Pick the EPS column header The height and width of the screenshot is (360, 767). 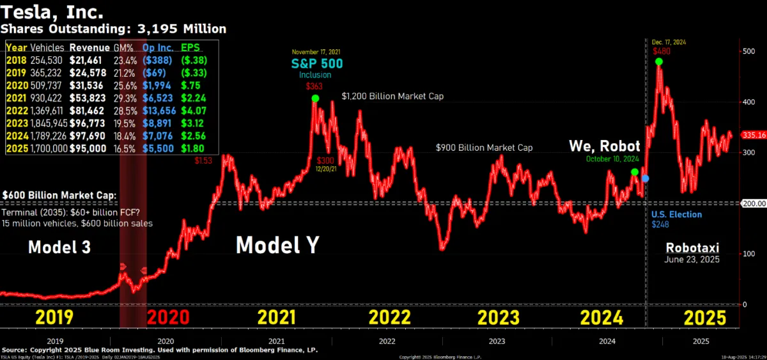pyautogui.click(x=191, y=47)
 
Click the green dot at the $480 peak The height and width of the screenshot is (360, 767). pyautogui.click(x=658, y=61)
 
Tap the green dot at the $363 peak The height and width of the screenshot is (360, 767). pyautogui.click(x=315, y=98)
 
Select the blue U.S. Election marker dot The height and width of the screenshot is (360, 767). pyautogui.click(x=646, y=178)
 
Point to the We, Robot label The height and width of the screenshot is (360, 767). pyautogui.click(x=605, y=146)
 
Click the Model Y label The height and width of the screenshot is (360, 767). pyautogui.click(x=277, y=246)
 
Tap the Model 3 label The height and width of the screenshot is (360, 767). pyautogui.click(x=59, y=247)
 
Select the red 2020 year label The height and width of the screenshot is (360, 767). pyautogui.click(x=168, y=317)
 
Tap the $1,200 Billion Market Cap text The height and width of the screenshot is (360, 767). pyautogui.click(x=392, y=96)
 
